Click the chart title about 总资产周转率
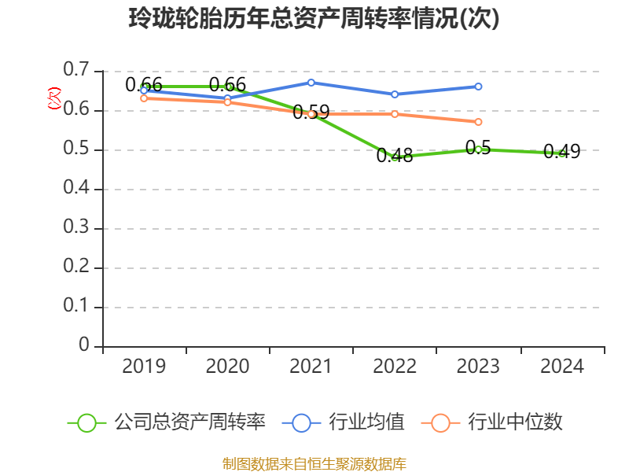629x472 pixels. [x=314, y=19]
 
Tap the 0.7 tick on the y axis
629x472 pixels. [x=77, y=71]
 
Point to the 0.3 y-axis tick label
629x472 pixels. [x=77, y=228]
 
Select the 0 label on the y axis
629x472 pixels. [x=84, y=346]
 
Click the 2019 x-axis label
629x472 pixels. [x=144, y=367]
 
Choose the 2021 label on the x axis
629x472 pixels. [x=311, y=367]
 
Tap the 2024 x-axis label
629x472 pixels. [x=562, y=367]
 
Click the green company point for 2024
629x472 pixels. [x=562, y=153]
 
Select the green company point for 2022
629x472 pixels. [x=395, y=157]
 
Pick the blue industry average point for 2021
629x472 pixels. [x=311, y=83]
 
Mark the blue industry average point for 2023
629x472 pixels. [x=478, y=87]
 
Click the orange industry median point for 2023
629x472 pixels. [x=478, y=122]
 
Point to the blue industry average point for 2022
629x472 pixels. [x=395, y=94]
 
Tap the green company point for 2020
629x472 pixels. [x=228, y=87]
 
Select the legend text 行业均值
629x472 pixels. [x=367, y=422]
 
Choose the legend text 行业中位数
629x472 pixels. [x=516, y=422]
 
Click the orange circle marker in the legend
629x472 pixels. [x=441, y=422]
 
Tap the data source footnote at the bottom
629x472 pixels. [x=314, y=463]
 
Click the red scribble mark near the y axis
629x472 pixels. [x=54, y=98]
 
